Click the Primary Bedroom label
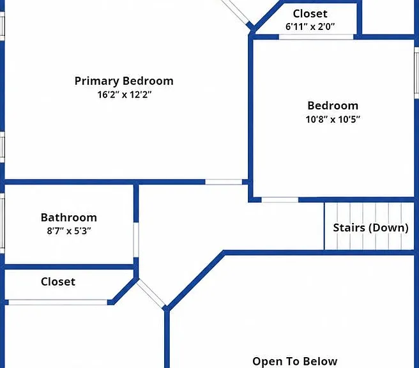tap(124, 81)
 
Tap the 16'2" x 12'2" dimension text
tap(125, 95)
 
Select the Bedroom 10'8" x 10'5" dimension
tap(333, 119)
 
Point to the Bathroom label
tap(69, 217)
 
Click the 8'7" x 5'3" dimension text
tap(69, 231)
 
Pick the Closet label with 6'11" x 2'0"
tap(310, 13)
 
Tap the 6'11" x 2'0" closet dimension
tap(310, 27)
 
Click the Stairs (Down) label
tap(370, 227)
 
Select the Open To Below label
tap(294, 361)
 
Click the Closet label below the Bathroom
tap(58, 282)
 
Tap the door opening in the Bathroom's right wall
tap(136, 240)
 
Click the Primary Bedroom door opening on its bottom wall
tap(224, 182)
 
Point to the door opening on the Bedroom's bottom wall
tap(280, 200)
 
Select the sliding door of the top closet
tap(316, 37)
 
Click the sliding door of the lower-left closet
tap(57, 302)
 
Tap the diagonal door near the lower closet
tap(151, 294)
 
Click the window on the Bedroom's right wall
tap(416, 73)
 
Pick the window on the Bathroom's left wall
tap(2, 223)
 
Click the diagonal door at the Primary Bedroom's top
tap(236, 12)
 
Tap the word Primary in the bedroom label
tap(96, 81)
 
